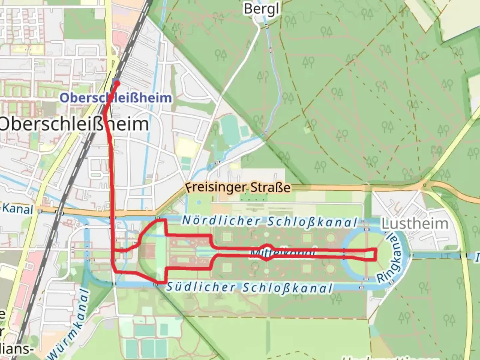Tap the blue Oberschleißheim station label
[116, 98]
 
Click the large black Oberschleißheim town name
[74, 124]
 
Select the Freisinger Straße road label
[238, 187]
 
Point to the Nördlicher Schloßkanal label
[269, 221]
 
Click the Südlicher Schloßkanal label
[249, 287]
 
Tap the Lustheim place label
[414, 224]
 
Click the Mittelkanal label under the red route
[283, 253]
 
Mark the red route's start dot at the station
[117, 83]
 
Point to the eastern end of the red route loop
[376, 254]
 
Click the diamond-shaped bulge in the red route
[267, 253]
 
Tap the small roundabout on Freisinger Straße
[424, 185]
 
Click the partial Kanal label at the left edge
[17, 209]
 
